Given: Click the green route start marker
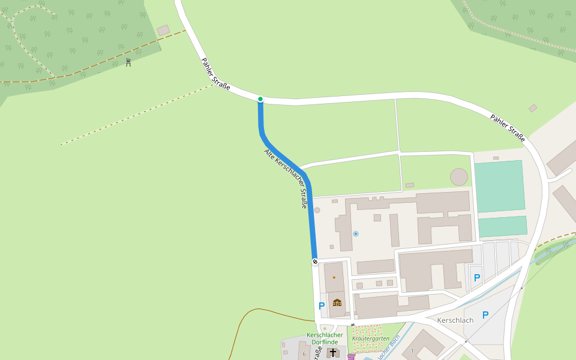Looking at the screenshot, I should tap(260, 99).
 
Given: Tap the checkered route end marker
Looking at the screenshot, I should tap(315, 262).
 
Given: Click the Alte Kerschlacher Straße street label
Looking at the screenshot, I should tap(286, 179).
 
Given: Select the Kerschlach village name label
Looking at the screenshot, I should tap(455, 320).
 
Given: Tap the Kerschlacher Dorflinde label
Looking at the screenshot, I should tap(324, 338).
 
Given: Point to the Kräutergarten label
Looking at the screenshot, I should tap(370, 338).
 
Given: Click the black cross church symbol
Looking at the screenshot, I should tap(333, 353).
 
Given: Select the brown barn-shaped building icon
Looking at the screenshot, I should tap(337, 302).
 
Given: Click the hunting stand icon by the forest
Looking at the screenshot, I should tap(128, 62).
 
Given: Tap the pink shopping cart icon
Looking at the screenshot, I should tap(351, 357).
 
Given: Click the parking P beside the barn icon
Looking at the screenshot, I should tap(322, 306).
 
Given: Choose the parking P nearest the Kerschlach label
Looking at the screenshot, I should tap(485, 315).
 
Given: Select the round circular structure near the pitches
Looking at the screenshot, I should tap(459, 177).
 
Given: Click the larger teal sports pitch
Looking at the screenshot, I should tap(499, 186).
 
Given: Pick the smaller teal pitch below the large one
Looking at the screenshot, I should tap(503, 226).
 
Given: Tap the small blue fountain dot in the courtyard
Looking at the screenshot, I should tap(356, 233).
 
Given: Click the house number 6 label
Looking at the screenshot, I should tap(304, 354).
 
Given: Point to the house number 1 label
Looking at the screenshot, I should tap(412, 350).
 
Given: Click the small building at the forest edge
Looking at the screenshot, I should tap(163, 30).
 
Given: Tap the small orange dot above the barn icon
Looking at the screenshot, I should tap(334, 278).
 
